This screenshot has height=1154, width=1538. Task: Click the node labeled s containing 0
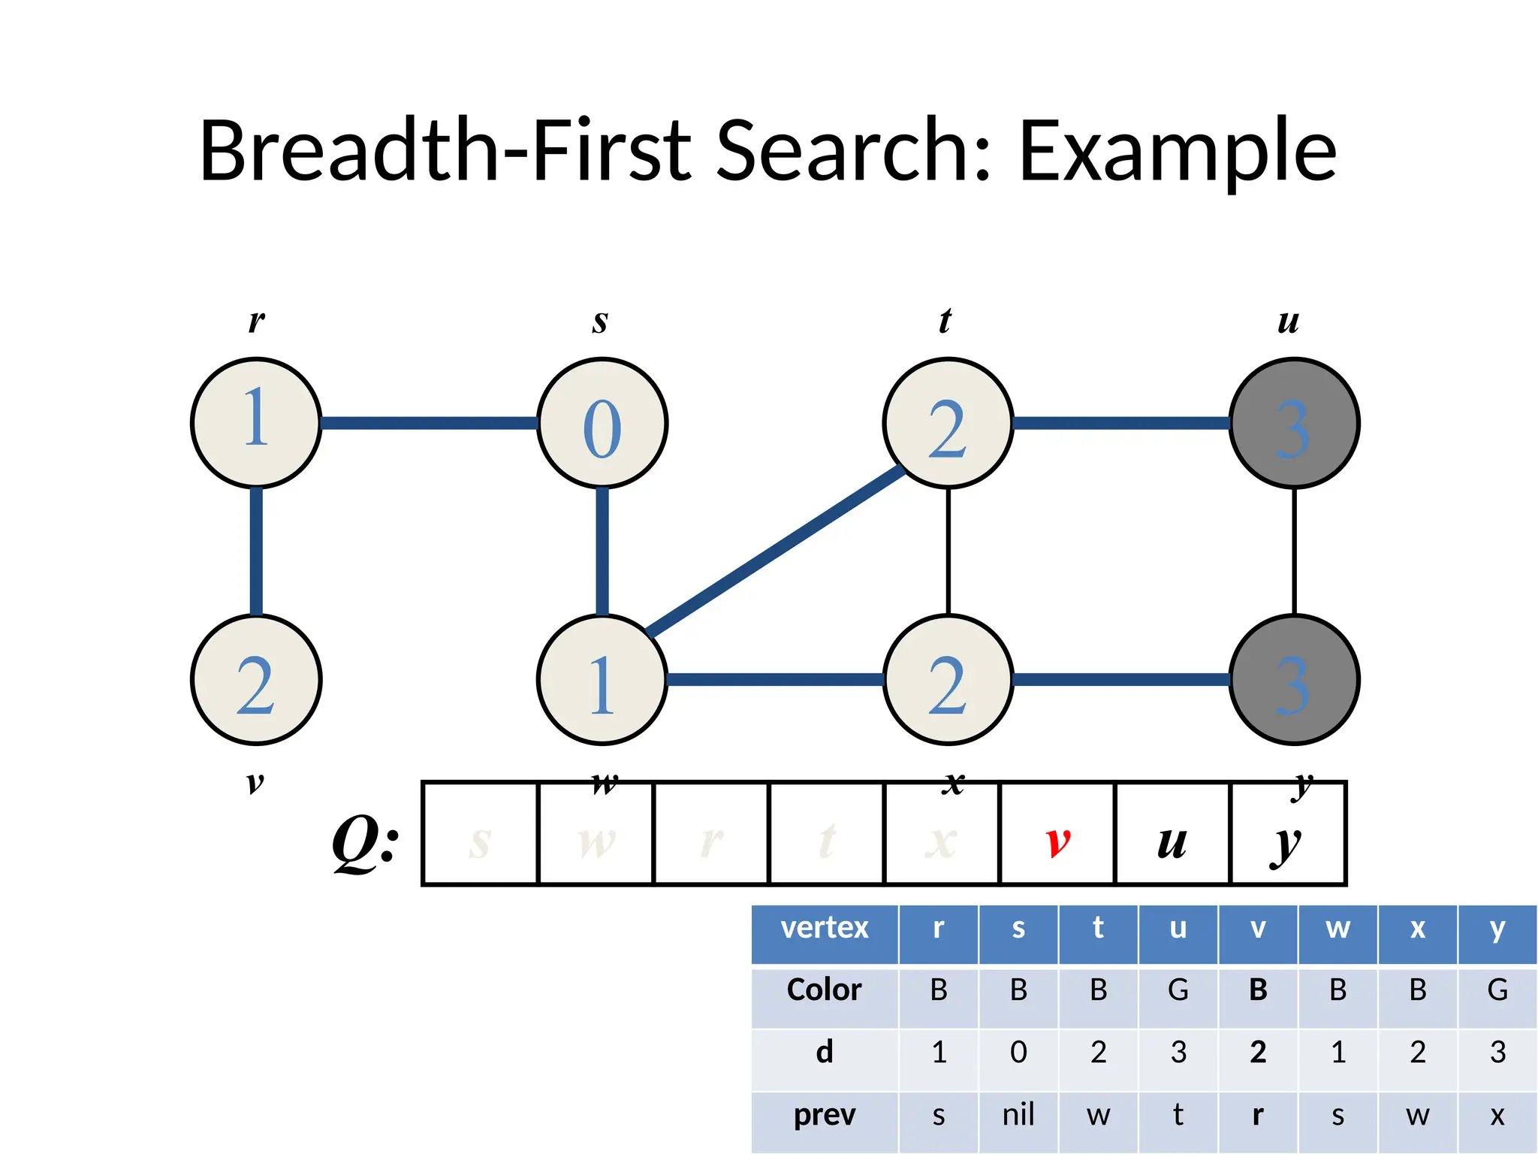602,423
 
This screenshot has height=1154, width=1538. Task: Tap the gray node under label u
1294,423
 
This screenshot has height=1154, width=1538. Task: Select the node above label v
256,679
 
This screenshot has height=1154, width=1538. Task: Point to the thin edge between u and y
1294,551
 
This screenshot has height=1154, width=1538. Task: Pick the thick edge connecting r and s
429,423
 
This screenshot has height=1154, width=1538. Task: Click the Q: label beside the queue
366,841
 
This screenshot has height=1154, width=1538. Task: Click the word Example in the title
1177,150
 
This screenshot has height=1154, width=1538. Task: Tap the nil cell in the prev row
1018,1114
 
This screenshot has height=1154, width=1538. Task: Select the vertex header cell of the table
824,928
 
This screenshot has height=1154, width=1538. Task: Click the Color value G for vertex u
1178,989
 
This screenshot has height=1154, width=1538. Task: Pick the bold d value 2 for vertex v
1258,1052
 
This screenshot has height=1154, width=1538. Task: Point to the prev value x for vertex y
1497,1115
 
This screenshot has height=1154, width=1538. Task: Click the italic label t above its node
945,321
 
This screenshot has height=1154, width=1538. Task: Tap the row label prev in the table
824,1114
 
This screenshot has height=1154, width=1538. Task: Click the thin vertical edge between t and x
948,551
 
